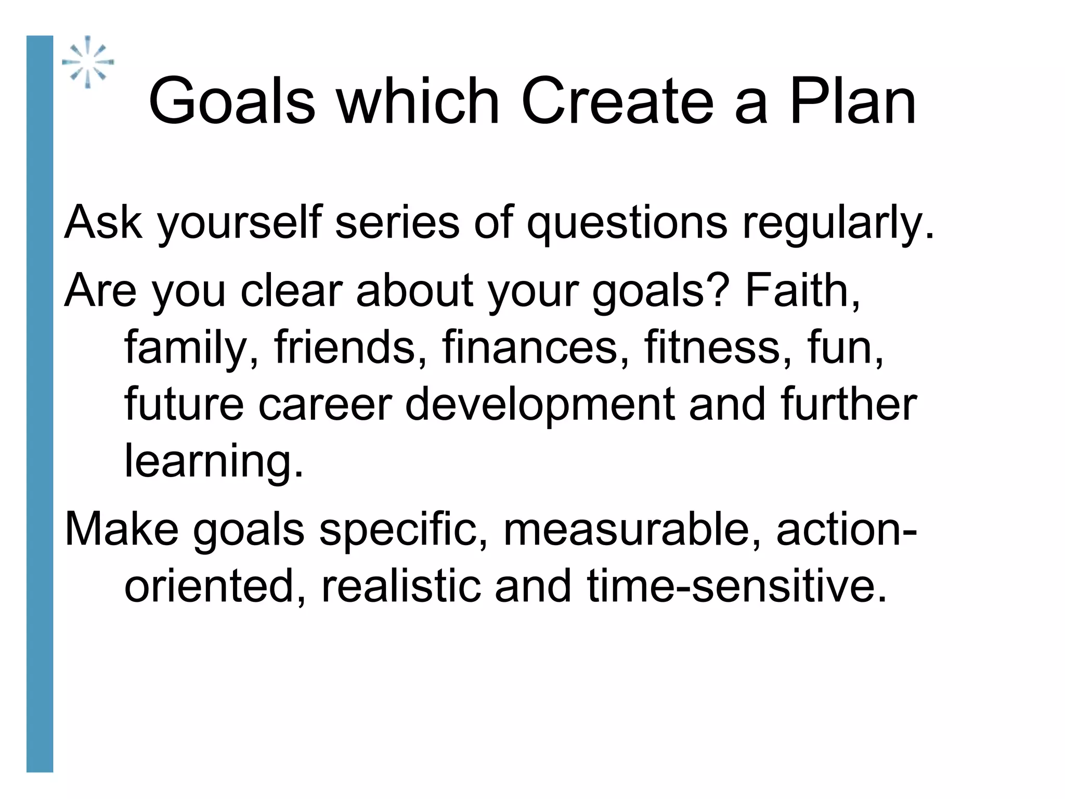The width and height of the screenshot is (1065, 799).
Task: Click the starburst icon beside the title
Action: click(x=88, y=62)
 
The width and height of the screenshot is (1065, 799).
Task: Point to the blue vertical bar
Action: click(x=40, y=404)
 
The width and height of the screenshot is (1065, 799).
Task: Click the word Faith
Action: click(x=801, y=290)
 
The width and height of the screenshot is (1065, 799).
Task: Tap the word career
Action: click(x=324, y=405)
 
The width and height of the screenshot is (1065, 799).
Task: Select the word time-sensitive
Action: click(x=735, y=586)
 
